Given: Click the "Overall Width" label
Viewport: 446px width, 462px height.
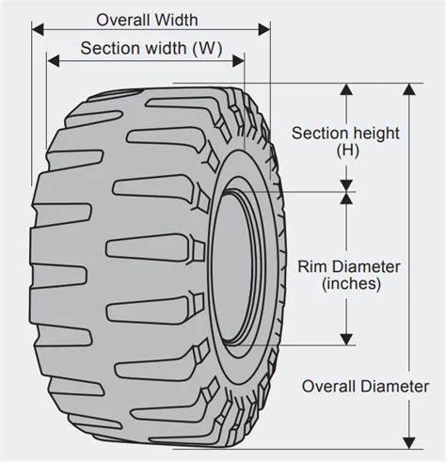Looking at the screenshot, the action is coord(147,20).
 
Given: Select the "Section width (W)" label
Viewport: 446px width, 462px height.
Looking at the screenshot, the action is coord(151,48).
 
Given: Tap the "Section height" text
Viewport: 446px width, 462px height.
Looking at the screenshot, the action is coord(345,134).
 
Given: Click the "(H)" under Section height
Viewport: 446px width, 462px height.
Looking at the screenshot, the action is coord(347,151).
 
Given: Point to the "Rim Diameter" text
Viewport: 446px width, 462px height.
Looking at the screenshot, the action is coord(349,266).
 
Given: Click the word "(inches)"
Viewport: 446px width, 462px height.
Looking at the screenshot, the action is coord(351,284).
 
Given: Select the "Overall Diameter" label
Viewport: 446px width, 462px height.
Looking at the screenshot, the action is coord(365,386).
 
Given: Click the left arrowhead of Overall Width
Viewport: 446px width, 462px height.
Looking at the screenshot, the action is coord(38,29).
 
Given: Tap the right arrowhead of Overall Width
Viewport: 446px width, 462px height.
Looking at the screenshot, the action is coord(264,29).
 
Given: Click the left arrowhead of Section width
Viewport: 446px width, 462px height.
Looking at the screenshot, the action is coord(53,60).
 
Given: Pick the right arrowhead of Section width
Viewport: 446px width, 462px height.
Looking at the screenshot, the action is coord(238,60).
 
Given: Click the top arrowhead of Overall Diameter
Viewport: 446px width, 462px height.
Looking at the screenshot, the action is coord(409,89).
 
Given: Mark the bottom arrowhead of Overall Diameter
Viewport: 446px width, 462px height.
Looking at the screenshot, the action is coord(409,443).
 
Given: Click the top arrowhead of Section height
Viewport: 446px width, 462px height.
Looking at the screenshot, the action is coord(346,89).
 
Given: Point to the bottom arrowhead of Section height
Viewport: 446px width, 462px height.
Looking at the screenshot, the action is coord(346,185).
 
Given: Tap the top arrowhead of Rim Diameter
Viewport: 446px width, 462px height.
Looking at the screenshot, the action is coord(346,199).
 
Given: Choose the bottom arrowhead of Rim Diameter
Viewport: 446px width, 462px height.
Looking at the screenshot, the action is coord(346,340).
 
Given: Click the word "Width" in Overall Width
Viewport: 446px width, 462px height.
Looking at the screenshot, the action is coord(176,20).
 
